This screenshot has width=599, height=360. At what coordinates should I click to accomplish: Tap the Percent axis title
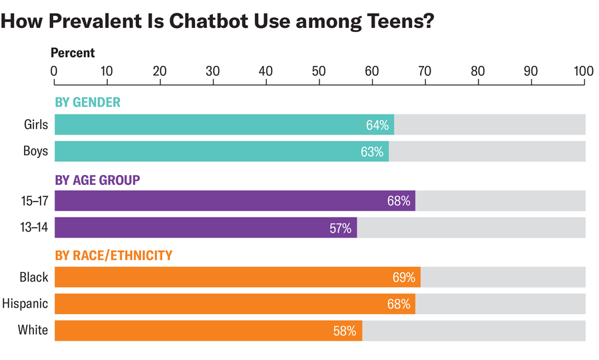click(73, 53)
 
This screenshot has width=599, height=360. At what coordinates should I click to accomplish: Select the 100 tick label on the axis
click(584, 70)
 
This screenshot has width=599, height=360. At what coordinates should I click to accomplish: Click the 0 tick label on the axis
click(55, 70)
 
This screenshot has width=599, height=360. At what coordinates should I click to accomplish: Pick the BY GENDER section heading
click(87, 102)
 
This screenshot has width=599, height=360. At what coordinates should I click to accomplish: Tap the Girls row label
click(36, 124)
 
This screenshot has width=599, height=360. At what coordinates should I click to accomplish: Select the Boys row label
click(36, 151)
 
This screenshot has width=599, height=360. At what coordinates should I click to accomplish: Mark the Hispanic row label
click(25, 303)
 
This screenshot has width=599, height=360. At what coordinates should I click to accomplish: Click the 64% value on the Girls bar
click(377, 125)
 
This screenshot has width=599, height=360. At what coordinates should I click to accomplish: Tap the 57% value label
click(340, 228)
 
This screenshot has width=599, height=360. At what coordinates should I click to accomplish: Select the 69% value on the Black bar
click(403, 277)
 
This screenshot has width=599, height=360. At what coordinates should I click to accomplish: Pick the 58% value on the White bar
click(345, 331)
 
